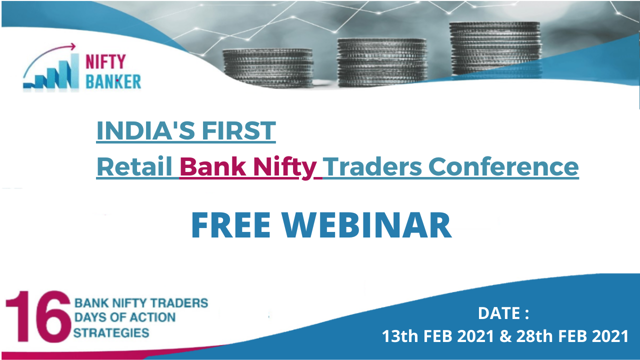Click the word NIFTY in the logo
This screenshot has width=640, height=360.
click(x=105, y=61)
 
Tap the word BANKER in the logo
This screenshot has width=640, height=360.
click(x=113, y=81)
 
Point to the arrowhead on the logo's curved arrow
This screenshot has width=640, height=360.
click(x=73, y=46)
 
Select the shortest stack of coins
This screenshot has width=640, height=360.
click(x=268, y=68)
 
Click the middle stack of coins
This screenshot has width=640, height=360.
click(x=382, y=62)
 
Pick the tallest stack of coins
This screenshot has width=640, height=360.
click(x=495, y=49)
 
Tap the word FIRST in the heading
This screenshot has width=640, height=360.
click(x=239, y=130)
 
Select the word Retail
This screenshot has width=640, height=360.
click(x=134, y=166)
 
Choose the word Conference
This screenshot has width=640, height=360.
click(x=503, y=166)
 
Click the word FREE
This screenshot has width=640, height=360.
click(x=231, y=225)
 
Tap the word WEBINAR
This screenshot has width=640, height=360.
click(x=367, y=225)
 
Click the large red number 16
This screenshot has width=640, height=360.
click(x=38, y=316)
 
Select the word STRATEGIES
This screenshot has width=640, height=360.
click(x=111, y=333)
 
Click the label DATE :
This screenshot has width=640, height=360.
click(x=503, y=313)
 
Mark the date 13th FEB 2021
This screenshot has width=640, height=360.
click(x=438, y=336)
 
